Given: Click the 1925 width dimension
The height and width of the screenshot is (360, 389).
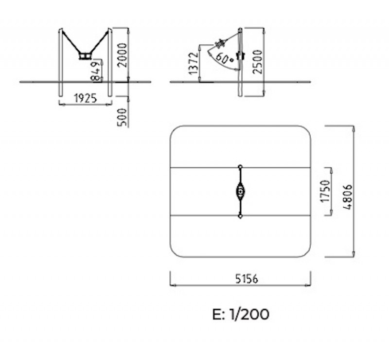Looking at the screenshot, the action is click(x=86, y=99).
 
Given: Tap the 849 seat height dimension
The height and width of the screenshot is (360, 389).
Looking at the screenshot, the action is click(x=96, y=71).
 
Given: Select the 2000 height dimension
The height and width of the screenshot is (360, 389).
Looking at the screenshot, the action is click(x=123, y=55).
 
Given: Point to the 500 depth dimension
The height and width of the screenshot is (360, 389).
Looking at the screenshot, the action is click(x=122, y=117).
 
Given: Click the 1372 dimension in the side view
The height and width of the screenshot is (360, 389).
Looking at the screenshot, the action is click(x=194, y=64).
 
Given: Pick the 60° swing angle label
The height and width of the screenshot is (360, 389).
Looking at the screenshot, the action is click(x=225, y=58).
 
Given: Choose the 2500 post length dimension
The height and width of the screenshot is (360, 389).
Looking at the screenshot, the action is click(x=257, y=62).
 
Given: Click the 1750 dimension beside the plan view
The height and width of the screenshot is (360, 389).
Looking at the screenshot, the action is click(x=325, y=191).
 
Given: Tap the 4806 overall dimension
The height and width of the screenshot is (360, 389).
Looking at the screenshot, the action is click(x=348, y=197).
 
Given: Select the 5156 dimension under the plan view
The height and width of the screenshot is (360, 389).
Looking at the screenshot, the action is click(x=247, y=279).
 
